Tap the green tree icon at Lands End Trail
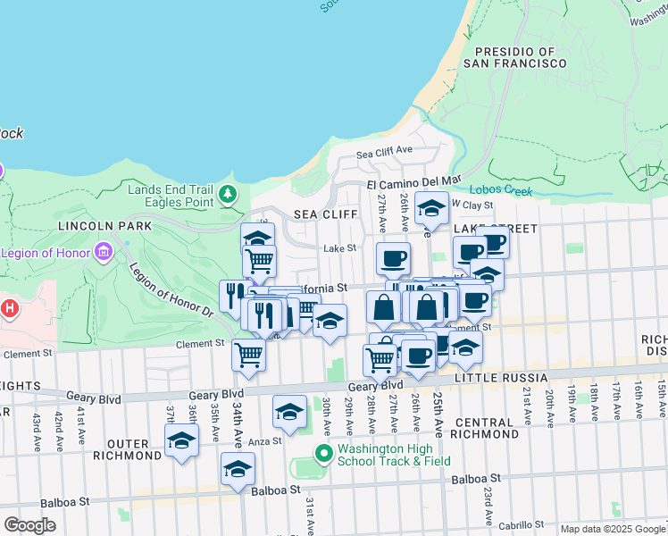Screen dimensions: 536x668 click(x=229, y=193)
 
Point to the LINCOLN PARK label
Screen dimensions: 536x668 click(x=95, y=227)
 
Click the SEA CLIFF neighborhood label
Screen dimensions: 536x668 click(x=325, y=214)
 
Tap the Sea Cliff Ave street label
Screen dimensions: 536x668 click(x=384, y=150)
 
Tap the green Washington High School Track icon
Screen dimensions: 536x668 click(x=323, y=454)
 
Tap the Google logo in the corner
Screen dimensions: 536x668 click(x=29, y=525)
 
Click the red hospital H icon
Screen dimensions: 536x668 click(x=9, y=310)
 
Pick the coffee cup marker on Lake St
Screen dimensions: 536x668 click(x=393, y=258)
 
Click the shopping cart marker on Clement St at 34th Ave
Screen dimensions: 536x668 click(x=248, y=353)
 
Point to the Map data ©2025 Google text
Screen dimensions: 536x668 click(x=613, y=529)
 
